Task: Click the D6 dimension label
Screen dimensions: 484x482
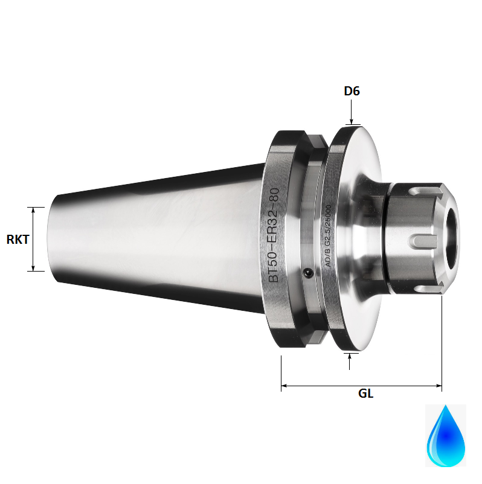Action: click(352, 91)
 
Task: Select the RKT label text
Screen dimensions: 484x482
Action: click(18, 239)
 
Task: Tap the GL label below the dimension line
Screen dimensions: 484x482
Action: click(365, 393)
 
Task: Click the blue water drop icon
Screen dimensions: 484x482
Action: click(446, 436)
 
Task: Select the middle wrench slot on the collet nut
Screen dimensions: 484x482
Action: click(423, 241)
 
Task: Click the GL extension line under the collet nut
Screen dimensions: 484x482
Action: click(442, 338)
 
